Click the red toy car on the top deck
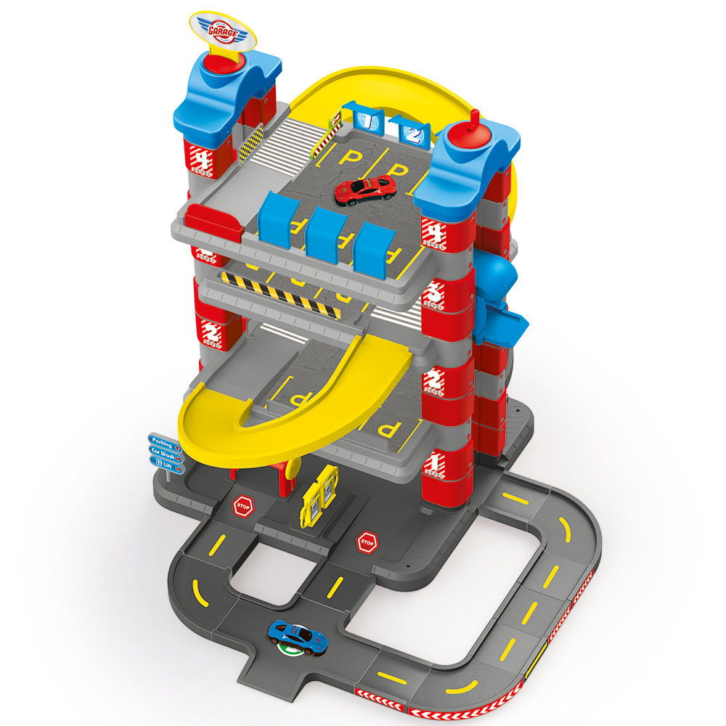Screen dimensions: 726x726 pyautogui.click(x=365, y=189)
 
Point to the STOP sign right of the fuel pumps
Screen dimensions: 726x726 pyautogui.click(x=367, y=541)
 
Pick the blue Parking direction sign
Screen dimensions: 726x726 pyautogui.click(x=165, y=439)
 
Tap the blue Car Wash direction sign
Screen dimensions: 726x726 pyautogui.click(x=166, y=451)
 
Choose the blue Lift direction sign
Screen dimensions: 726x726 pyautogui.click(x=166, y=462)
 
